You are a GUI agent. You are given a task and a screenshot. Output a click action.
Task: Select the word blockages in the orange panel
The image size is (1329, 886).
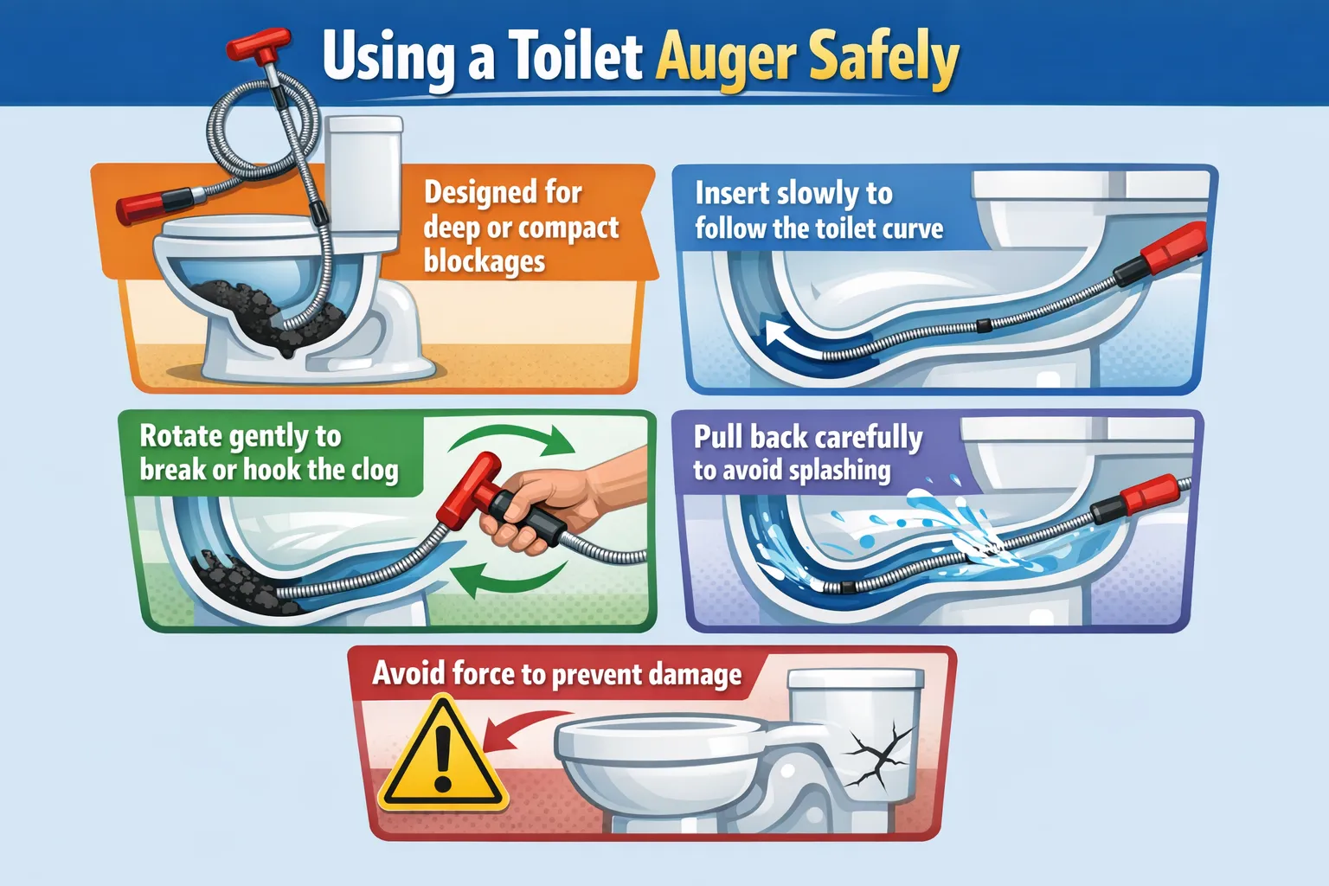pos(485,260)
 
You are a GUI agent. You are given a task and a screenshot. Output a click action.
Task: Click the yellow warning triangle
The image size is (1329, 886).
pos(443,754)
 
